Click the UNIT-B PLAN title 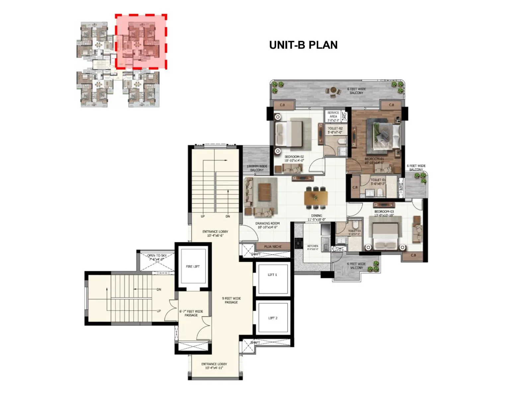click(x=303, y=45)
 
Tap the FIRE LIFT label click(x=192, y=266)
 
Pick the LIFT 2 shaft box click(x=272, y=318)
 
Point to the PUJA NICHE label click(x=273, y=246)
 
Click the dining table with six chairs click(x=316, y=198)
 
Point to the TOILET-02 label click(x=335, y=130)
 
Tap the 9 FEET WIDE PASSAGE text click(x=231, y=300)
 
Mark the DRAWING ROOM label click(x=267, y=225)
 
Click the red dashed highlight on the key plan click(x=141, y=42)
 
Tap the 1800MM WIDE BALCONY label click(x=257, y=168)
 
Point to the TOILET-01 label click(x=378, y=182)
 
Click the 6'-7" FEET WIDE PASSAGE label click(x=191, y=313)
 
